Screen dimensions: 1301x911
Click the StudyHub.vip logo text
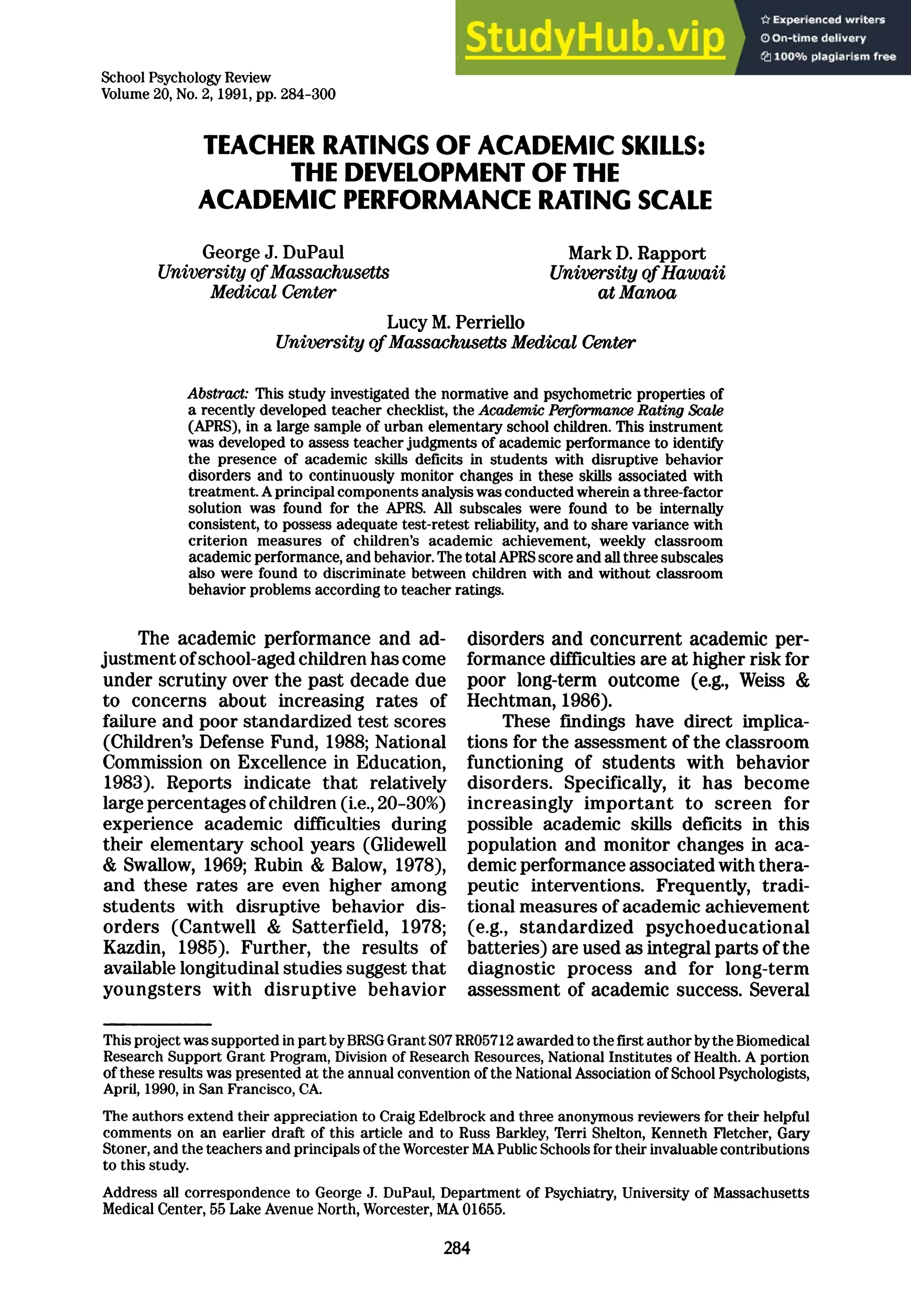tap(595, 38)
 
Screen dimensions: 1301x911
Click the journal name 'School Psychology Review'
tap(186, 78)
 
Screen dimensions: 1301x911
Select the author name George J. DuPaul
tap(273, 252)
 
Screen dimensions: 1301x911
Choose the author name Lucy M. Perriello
tap(455, 322)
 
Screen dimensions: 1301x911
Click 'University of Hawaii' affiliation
tap(637, 273)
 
